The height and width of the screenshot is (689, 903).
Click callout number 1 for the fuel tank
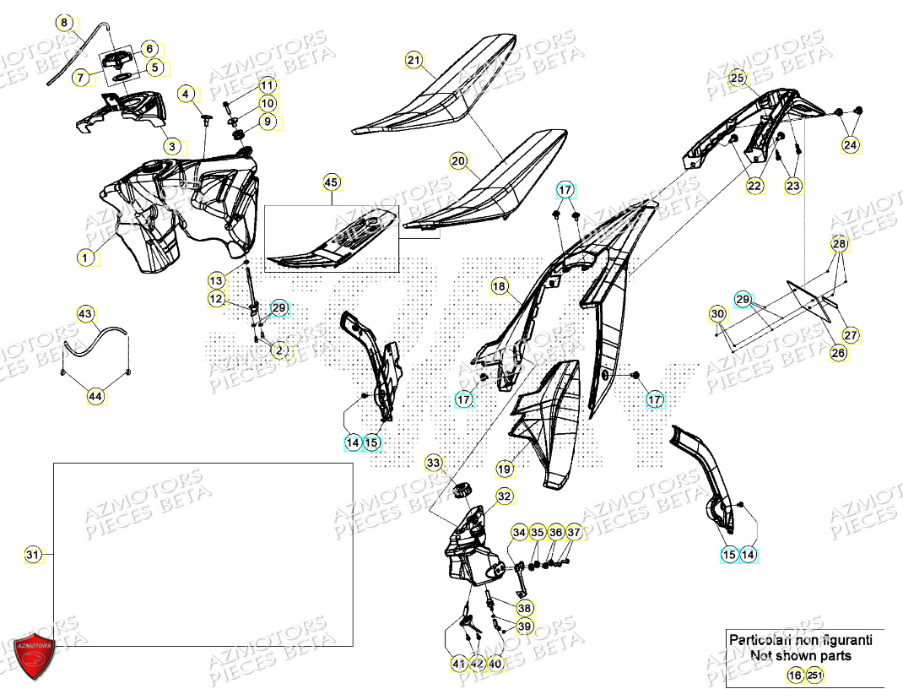(85, 258)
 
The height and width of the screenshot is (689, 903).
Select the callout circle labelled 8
(66, 23)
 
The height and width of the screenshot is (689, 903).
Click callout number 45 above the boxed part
(331, 182)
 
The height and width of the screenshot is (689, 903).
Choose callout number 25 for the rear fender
(738, 79)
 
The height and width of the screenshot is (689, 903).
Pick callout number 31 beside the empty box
(32, 555)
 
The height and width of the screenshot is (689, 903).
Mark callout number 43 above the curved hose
(85, 314)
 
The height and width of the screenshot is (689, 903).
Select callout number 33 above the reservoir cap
(433, 463)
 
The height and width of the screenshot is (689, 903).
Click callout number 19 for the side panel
(505, 468)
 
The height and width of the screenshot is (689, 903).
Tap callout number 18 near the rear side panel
(500, 288)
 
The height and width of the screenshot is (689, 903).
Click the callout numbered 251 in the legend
(814, 675)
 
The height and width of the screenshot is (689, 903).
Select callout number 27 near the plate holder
(851, 335)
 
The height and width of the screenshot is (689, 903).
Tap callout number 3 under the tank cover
(172, 146)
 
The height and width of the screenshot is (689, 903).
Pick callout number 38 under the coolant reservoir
(524, 607)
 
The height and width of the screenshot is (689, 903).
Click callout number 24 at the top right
(850, 145)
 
